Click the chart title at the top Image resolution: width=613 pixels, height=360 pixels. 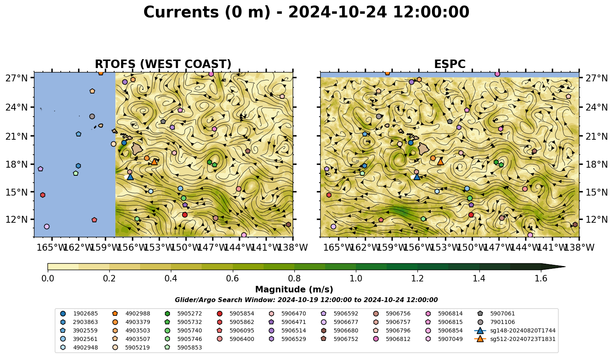coord(306,12)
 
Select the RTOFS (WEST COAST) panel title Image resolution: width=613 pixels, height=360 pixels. coord(163,64)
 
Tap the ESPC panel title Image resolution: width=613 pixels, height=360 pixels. coord(449,64)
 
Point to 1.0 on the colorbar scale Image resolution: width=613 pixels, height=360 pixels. coord(356,279)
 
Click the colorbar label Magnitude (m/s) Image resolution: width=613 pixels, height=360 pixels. coord(294,290)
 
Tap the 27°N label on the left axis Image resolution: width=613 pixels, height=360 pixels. coord(17,78)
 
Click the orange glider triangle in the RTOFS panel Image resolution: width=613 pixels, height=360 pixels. coord(154,162)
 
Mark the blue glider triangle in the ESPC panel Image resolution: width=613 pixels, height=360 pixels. coord(417,177)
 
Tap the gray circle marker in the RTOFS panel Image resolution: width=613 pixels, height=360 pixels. coord(92,116)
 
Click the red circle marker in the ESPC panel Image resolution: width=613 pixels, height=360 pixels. coord(471,215)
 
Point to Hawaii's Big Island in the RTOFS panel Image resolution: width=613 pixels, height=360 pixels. coord(137,149)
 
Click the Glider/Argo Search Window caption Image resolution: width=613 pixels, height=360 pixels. coord(306,300)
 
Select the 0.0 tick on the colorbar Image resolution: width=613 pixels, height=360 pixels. coord(48,279)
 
